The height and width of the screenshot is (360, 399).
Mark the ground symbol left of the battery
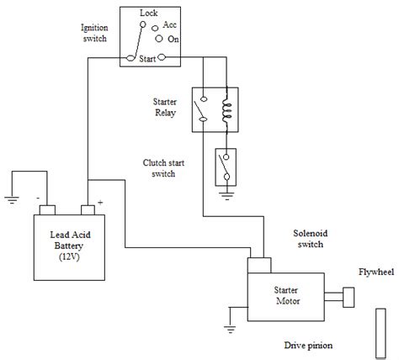coord(11,200)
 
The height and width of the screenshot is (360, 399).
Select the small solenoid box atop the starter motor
coord(261,264)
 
